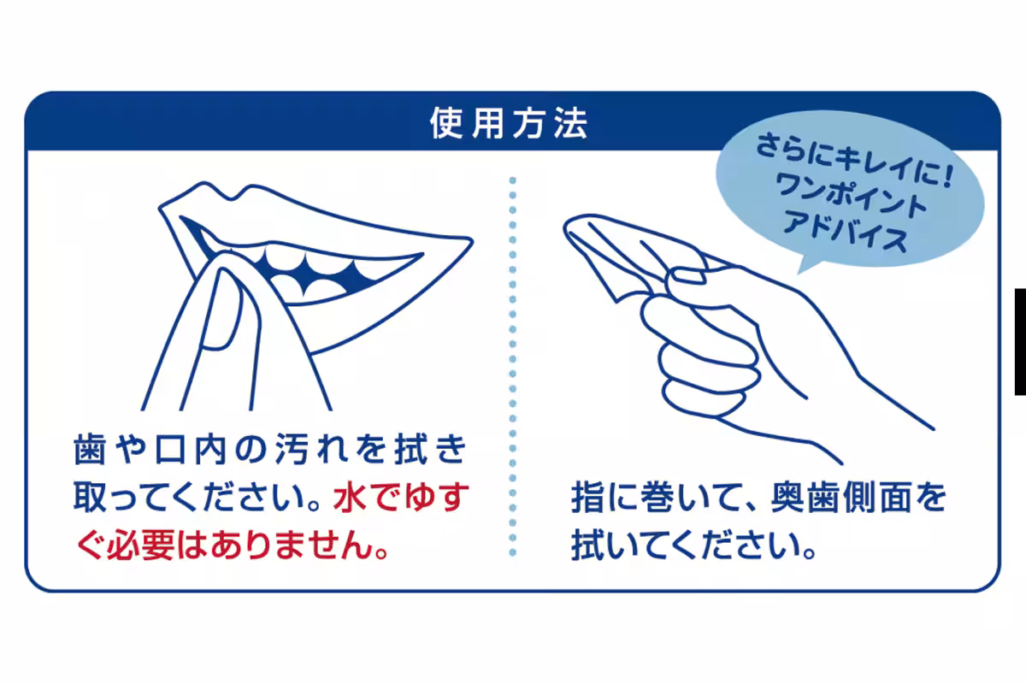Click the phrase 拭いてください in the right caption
click(684, 545)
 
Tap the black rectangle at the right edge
click(1020, 341)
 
